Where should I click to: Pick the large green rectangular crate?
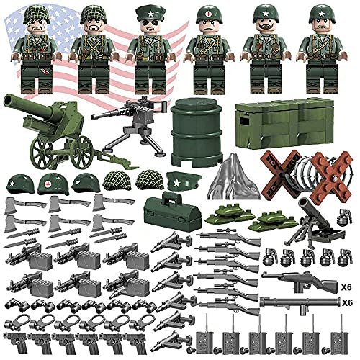[273, 118]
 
